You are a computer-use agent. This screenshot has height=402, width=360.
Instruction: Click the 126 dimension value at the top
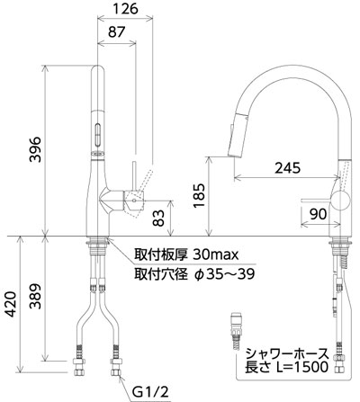tap(126, 9)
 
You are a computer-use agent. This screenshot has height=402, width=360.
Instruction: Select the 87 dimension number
tap(116, 32)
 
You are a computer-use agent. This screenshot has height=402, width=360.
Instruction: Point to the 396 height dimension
tap(35, 149)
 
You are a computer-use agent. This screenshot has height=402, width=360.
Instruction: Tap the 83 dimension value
tap(158, 218)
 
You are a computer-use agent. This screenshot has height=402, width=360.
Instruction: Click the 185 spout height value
tap(199, 195)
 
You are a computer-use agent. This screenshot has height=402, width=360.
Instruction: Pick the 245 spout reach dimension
tap(287, 168)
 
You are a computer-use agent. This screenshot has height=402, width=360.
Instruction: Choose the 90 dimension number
tap(318, 214)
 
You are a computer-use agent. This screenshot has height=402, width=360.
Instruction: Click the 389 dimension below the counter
tap(35, 296)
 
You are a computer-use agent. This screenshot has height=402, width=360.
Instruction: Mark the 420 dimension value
tap(11, 304)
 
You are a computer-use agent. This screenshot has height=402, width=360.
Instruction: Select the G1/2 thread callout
tap(151, 392)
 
